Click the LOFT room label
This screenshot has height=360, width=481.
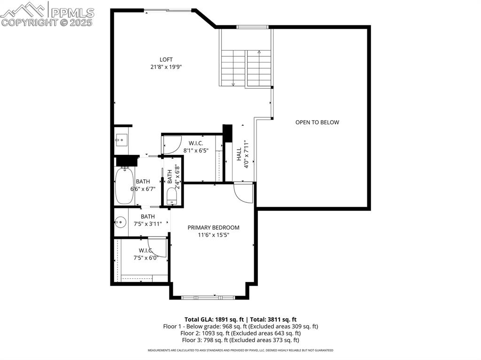coord(166,60)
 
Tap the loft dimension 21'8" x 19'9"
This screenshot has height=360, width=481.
coord(166,67)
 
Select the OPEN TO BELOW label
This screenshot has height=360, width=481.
coord(317,123)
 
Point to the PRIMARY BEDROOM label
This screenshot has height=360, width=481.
coord(213,228)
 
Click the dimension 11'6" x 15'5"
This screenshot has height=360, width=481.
coord(213,235)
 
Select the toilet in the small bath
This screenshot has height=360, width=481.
coord(171,196)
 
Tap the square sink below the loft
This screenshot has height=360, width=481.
coord(120,139)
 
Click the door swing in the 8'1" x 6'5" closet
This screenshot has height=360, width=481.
coord(172,145)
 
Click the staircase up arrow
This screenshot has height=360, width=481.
coord(259,52)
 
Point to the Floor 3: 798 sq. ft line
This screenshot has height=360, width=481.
coord(240,340)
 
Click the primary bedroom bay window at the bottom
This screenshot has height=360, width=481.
coord(208,297)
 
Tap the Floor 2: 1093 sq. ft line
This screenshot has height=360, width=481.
coord(240,333)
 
